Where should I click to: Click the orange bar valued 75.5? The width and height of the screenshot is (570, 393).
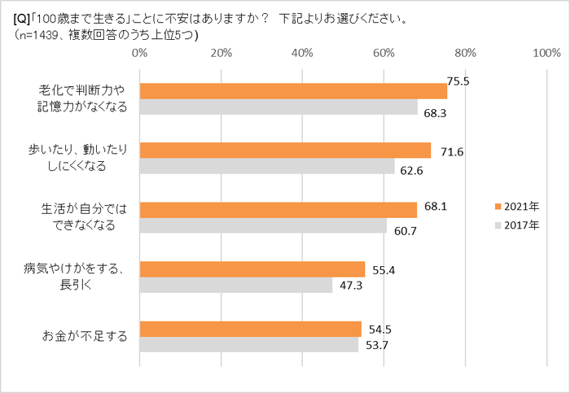(x=293, y=90)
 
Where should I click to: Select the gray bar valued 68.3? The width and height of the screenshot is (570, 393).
(x=278, y=107)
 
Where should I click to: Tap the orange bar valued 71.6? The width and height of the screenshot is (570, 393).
(x=285, y=150)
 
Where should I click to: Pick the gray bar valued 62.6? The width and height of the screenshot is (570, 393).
(x=267, y=166)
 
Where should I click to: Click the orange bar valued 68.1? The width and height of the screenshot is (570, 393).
(x=278, y=210)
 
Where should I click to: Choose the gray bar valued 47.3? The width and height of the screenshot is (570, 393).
(x=236, y=285)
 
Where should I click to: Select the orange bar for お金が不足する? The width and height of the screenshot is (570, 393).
(x=251, y=329)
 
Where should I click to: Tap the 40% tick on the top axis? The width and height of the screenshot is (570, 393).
(x=303, y=53)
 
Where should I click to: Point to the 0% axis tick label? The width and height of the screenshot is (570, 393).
(x=139, y=53)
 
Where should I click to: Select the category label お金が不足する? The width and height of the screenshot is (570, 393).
(x=85, y=336)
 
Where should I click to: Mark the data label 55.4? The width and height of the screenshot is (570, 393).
(x=383, y=269)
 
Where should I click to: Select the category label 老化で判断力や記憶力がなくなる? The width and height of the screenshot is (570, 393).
(x=85, y=98)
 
